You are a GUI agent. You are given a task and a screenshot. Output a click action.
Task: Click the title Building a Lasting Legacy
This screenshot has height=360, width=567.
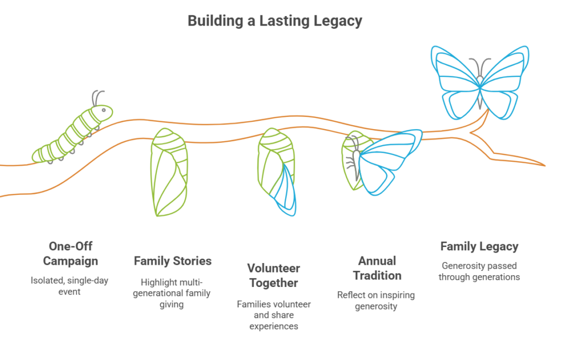click(x=275, y=21)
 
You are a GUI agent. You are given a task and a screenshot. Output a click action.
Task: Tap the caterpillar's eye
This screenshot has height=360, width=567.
click(x=104, y=110)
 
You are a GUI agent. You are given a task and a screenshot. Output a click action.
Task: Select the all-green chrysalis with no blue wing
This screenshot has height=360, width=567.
click(x=169, y=172)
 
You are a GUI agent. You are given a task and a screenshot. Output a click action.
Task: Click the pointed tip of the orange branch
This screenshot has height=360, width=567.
click(x=544, y=166)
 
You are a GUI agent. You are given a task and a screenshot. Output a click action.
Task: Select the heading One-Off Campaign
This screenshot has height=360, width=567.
click(x=70, y=253)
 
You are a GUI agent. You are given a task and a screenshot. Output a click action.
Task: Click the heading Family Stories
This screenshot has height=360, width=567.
click(x=173, y=261)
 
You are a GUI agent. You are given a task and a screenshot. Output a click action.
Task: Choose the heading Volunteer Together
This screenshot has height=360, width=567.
click(x=274, y=275)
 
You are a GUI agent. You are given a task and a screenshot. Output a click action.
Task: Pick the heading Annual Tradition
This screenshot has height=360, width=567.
click(x=377, y=268)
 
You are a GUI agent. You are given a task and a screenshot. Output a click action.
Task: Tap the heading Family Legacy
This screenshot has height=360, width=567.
click(x=479, y=246)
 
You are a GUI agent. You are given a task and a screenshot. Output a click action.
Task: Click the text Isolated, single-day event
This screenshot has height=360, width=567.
click(x=69, y=286)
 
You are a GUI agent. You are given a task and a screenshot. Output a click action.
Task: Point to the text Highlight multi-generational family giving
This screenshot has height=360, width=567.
click(x=172, y=293)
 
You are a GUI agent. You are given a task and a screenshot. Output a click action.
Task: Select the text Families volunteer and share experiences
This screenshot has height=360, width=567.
click(x=274, y=315)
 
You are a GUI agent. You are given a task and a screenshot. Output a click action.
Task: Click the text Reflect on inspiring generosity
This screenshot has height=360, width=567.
click(x=376, y=300)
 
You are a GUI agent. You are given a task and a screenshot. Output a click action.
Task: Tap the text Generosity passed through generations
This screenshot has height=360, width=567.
click(x=479, y=271)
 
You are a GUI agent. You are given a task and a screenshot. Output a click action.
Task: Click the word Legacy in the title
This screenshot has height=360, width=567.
click(x=338, y=21)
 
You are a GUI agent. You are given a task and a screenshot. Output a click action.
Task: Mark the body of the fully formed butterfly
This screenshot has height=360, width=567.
click(x=480, y=93)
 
